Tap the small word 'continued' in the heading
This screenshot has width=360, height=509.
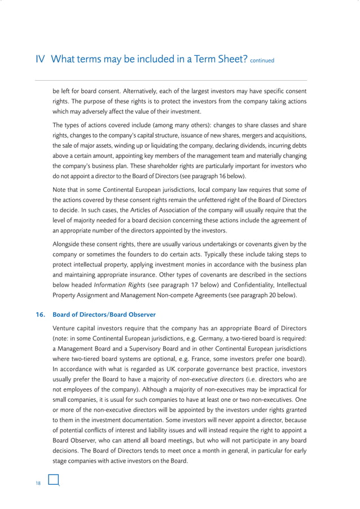262,62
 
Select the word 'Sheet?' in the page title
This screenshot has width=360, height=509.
229,60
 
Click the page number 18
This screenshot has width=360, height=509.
38,482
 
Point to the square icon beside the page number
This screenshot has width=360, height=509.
54,480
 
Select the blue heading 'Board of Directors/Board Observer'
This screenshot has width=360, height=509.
104,314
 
